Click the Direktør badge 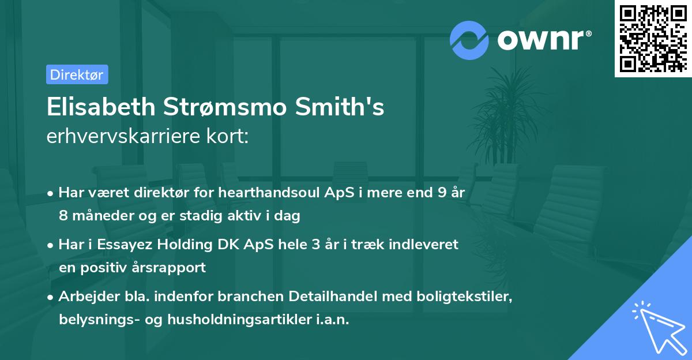pos(77,74)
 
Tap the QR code pos(652,38)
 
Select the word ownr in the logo pos(544,39)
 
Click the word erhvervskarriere pos(122,136)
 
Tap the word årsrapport pos(171,268)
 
